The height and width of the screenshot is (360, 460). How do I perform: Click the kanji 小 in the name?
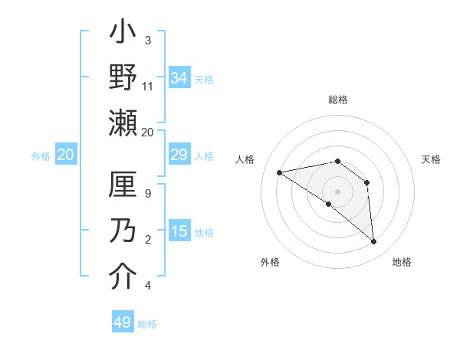pos(123,34)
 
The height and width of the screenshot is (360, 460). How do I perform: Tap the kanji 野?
pos(123,78)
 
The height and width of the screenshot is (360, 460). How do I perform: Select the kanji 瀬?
pos(123,123)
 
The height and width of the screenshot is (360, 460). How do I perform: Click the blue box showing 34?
pos(179,78)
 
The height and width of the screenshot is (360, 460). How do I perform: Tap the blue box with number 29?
pos(179,155)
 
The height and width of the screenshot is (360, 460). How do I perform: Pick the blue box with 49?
pos(123,322)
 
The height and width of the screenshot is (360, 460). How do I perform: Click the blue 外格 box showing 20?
pos(65,155)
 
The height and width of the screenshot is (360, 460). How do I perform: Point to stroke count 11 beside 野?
pos(148,87)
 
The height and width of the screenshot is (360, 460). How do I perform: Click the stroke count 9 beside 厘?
pos(148,193)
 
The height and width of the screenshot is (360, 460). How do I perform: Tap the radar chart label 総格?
pos(337,100)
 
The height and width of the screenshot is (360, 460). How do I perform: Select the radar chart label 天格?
pos(431,159)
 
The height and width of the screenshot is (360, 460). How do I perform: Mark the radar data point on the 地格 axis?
pos(373,242)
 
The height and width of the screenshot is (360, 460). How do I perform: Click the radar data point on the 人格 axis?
pos(280,172)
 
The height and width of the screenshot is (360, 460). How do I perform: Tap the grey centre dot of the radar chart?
pos(337,191)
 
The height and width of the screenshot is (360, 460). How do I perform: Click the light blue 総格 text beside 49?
pos(147,324)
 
